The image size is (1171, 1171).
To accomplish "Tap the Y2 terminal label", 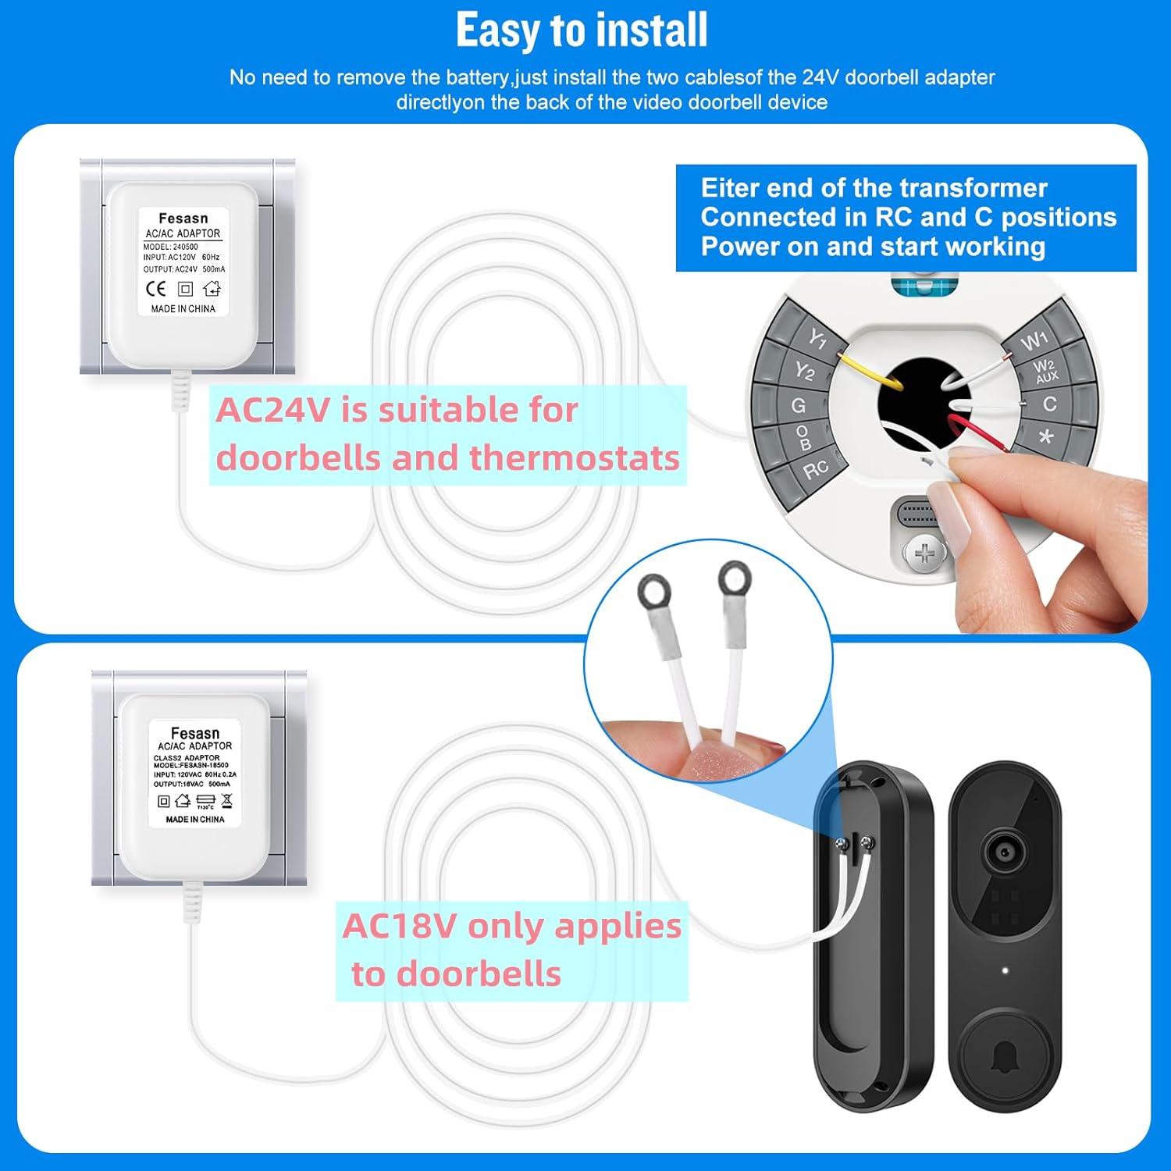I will pos(804,371).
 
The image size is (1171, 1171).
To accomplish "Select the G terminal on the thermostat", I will pos(798,405).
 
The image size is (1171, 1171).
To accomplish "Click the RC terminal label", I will pos(815,469).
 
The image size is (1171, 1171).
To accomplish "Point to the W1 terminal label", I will pos(1034,340).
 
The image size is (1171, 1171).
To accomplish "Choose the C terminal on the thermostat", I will pos(1049,404).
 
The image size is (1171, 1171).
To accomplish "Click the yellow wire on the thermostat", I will pos(870,371).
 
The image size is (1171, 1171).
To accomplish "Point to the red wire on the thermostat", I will pos(981,434).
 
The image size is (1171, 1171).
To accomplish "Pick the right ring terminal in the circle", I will pos(733,578).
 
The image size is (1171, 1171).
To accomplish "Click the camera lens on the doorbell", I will pos(1004,851).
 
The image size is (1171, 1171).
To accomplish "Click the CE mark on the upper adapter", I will pos(156,289).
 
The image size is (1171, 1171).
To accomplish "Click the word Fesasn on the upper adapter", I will pos(183,219).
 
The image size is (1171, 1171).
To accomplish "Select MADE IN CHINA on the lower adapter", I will pos(195,820).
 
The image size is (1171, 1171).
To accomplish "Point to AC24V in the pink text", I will pos(273,411).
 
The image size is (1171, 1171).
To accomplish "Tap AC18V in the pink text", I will pos(399,927).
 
